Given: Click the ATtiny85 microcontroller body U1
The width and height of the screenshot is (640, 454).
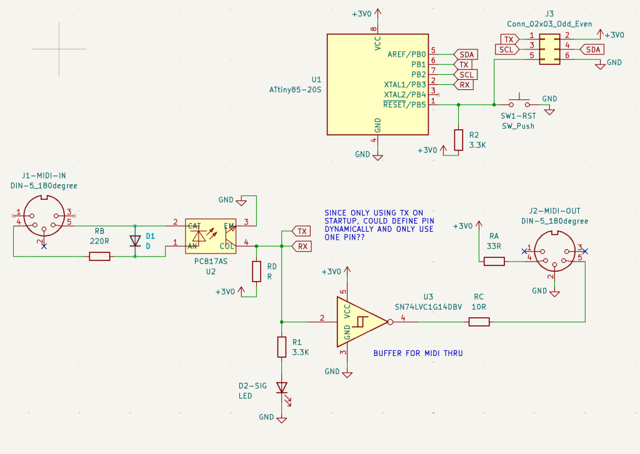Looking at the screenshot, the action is coord(377,84).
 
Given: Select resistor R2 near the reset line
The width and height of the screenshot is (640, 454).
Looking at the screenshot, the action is coord(459,140).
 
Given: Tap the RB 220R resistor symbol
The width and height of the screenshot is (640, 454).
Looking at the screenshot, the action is coord(99,256).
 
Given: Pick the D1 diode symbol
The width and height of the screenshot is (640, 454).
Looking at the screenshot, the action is coord(135,241).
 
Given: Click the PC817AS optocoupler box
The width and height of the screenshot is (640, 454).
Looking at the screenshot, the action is coord(211,236).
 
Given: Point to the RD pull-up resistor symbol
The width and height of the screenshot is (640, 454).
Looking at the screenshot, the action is coord(256,272).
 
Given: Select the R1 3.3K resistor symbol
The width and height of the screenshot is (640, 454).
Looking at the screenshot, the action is coord(282,347).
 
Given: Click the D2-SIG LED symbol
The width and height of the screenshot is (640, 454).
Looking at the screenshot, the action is coord(282,389).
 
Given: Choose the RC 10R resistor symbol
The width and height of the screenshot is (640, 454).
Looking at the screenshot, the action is coord(479,322).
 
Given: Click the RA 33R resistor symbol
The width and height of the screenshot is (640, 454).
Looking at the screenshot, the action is coord(494,261).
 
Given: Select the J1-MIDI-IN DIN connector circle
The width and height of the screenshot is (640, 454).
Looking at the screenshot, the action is coord(44,216).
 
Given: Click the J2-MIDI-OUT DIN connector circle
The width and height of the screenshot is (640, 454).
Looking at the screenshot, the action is coord(555,251).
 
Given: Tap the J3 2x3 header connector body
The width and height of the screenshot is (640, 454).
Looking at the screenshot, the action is coord(549,49).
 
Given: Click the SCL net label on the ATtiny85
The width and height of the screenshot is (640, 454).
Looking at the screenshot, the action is coord(466,75).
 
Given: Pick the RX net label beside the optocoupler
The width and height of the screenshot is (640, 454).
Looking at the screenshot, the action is coord(302,247).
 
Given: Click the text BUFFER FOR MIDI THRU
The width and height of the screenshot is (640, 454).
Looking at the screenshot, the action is coord(418,353).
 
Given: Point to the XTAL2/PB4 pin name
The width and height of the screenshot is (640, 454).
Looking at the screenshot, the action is coord(405,95).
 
